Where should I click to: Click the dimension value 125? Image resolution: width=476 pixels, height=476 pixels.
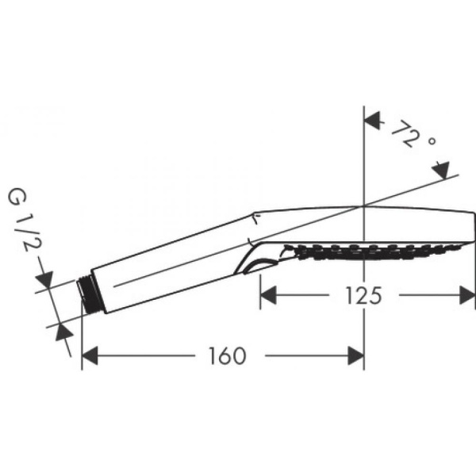coord(363,295)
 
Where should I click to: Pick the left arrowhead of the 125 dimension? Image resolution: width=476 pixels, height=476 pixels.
coord(270,295)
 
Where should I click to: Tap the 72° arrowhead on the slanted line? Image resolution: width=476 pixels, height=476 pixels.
coord(440,168)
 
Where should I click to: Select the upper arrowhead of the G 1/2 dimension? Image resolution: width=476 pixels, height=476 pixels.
coord(45,279)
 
